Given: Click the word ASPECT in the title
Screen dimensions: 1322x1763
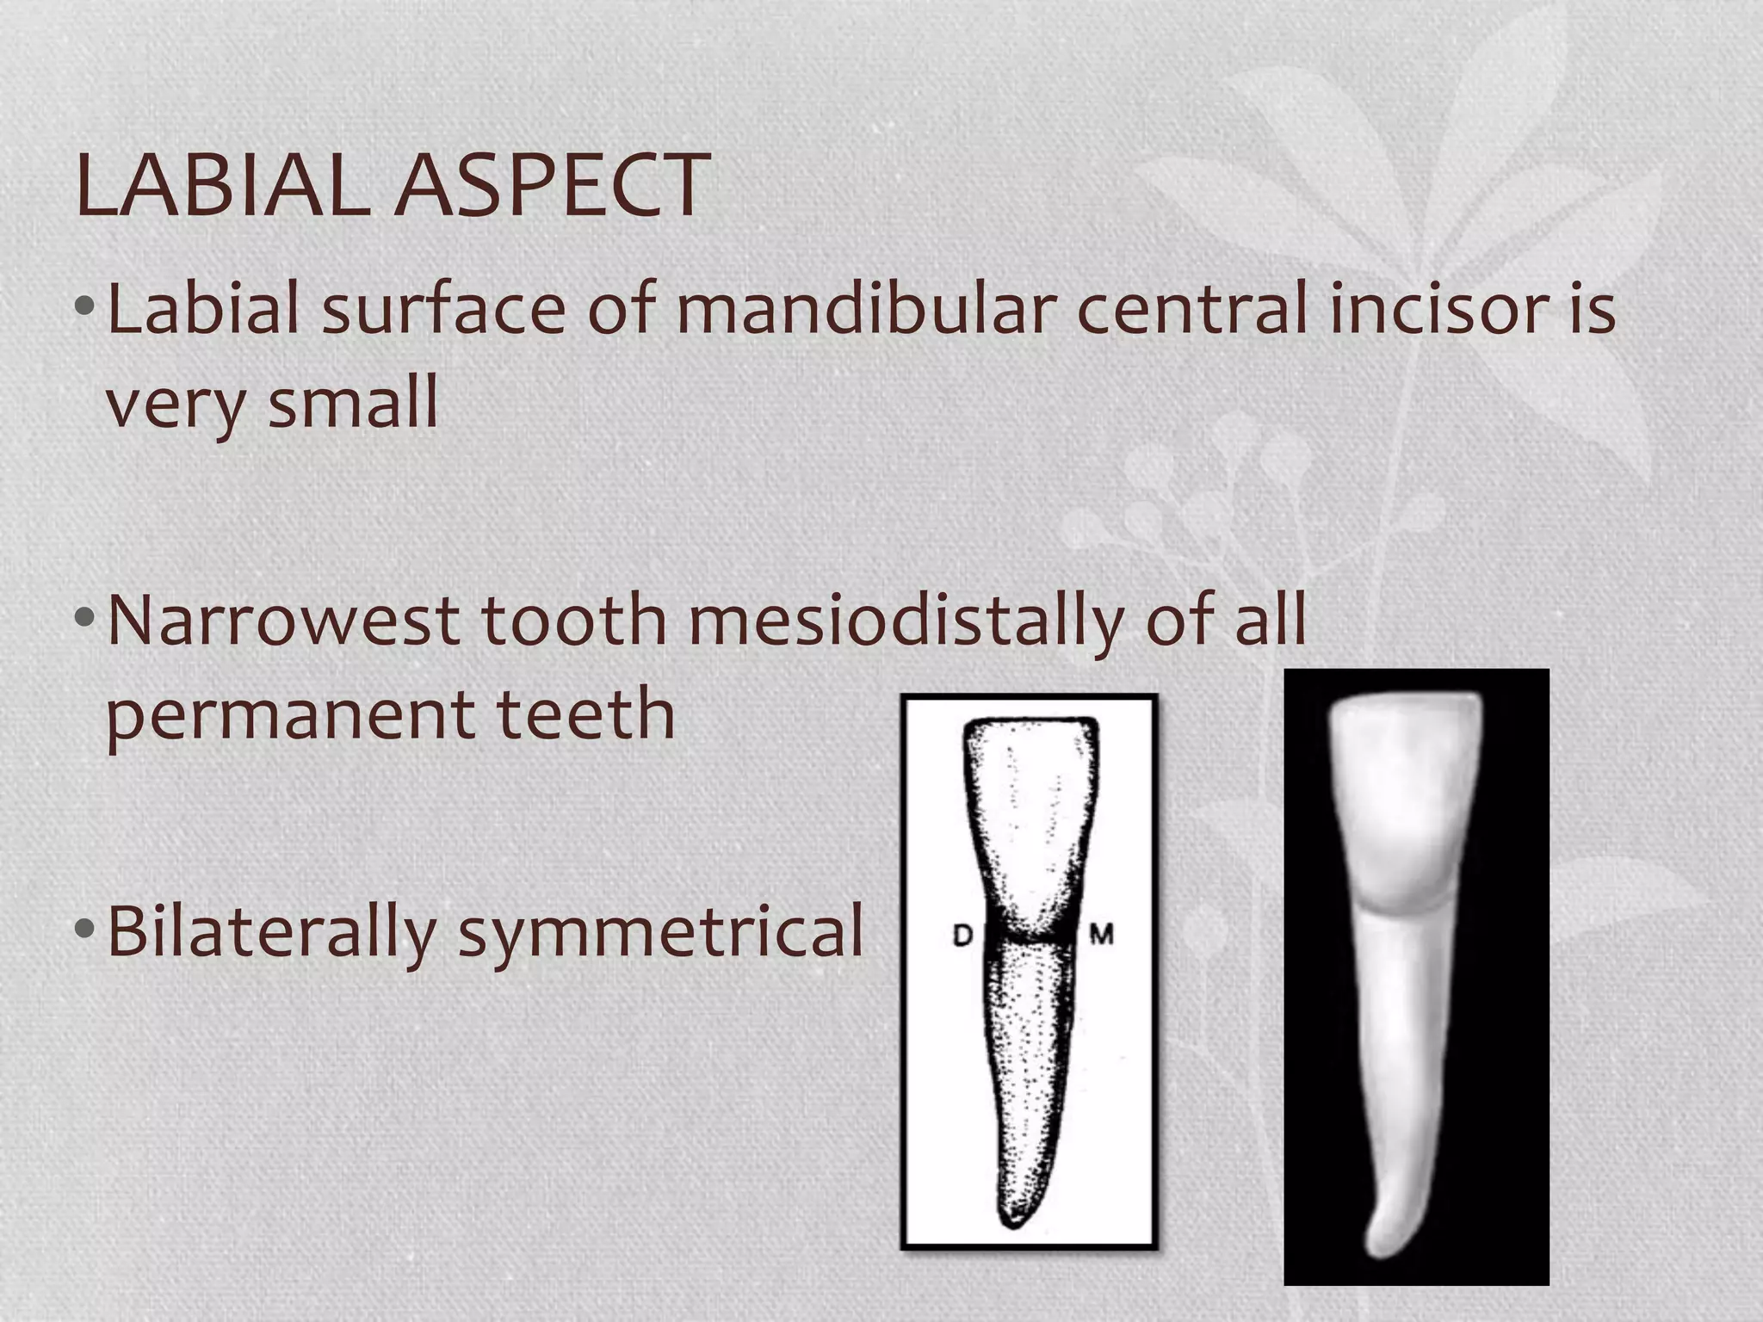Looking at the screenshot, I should click(x=551, y=184).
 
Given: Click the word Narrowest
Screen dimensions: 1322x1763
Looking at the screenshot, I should click(x=283, y=620).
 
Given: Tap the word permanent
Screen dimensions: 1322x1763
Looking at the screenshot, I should click(x=289, y=716).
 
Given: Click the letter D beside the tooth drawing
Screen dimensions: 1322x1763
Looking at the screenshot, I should click(x=962, y=936).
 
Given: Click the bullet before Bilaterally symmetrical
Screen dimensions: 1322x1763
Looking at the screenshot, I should click(x=84, y=930).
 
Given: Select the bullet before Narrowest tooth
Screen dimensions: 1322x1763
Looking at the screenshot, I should click(x=84, y=617).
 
